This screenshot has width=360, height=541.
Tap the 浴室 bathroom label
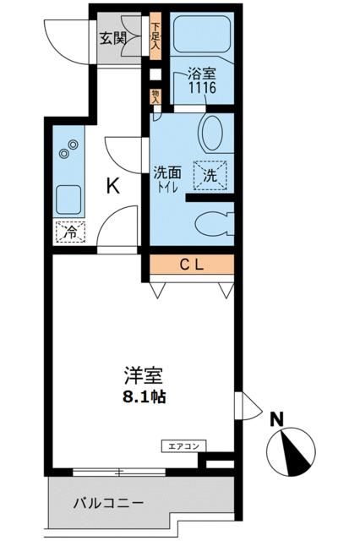tap(201, 73)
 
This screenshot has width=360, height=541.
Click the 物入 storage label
tap(155, 96)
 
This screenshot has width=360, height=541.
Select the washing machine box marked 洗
tap(209, 174)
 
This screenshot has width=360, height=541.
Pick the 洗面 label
tap(165, 172)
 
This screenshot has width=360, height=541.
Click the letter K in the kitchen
tap(112, 187)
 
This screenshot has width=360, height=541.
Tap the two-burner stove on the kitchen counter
tap(68, 150)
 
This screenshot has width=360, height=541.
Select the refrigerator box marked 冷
tap(68, 231)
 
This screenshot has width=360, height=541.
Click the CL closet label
tap(191, 265)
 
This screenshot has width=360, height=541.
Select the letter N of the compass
tap(275, 418)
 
